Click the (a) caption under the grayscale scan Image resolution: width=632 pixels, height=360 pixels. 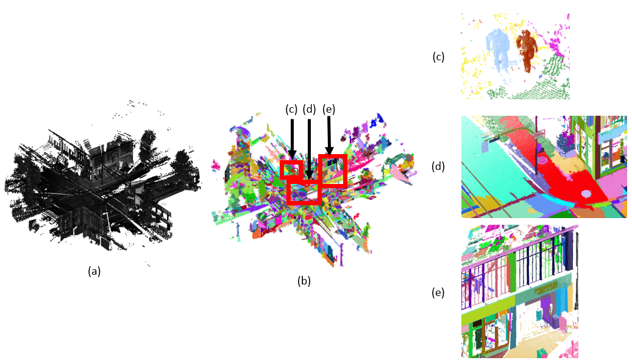point(94,272)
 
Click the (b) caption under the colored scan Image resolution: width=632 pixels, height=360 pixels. point(304,281)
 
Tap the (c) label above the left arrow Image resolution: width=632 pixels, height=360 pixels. point(291,109)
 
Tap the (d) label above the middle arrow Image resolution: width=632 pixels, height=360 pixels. point(309,109)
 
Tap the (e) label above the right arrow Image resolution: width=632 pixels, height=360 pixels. point(329,109)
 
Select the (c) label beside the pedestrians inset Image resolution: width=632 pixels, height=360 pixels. point(438,57)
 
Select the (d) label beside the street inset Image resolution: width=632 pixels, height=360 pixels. point(438,166)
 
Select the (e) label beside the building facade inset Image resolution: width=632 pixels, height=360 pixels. point(438,293)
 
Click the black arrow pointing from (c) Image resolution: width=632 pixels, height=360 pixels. point(292,139)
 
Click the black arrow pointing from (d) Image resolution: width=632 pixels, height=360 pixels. point(309,149)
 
